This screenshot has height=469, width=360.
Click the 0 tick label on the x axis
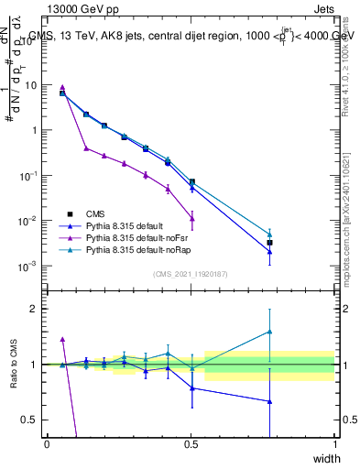47,443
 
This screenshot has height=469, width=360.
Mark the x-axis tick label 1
336,443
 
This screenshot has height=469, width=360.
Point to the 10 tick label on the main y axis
31,85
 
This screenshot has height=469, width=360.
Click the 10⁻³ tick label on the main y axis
27,266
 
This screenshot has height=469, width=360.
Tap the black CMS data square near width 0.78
269,243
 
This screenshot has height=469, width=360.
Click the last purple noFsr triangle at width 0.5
191,217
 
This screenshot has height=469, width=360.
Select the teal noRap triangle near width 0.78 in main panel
269,234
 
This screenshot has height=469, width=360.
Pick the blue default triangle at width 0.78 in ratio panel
269,401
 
